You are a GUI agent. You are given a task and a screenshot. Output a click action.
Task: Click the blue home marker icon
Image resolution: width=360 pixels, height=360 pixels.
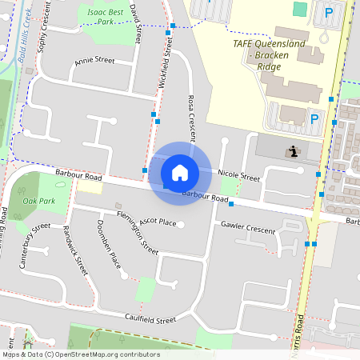[180, 173]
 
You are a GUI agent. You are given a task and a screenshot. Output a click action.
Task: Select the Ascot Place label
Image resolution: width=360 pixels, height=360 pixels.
[157, 221]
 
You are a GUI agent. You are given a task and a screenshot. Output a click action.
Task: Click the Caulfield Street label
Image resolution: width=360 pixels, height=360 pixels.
[150, 319]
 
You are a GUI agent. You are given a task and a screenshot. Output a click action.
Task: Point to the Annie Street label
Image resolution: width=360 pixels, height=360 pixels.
[94, 60]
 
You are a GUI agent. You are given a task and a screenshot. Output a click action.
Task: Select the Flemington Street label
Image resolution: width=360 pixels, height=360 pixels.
[137, 232]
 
